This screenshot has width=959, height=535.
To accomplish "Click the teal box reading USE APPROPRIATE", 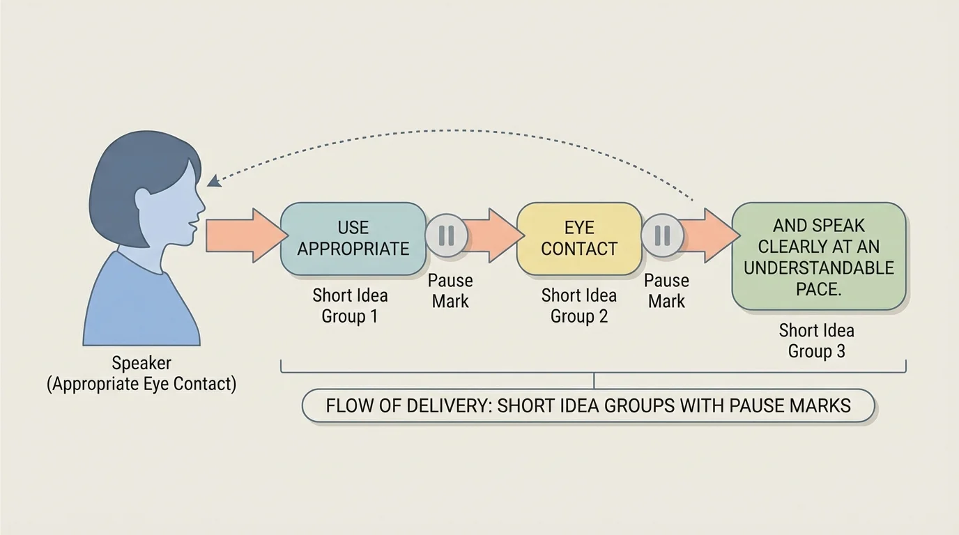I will pyautogui.click(x=353, y=238).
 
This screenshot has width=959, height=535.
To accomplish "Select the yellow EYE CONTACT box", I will pyautogui.click(x=578, y=238).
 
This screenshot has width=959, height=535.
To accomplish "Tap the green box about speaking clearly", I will pyautogui.click(x=818, y=256).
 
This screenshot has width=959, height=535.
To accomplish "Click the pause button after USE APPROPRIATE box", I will pyautogui.click(x=446, y=235).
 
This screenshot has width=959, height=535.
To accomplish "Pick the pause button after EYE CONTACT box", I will pyautogui.click(x=662, y=235).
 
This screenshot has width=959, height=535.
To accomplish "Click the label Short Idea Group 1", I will pyautogui.click(x=350, y=305).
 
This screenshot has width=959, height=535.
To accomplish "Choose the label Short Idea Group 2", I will pyautogui.click(x=578, y=305).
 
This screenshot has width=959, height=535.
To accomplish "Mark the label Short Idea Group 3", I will pyautogui.click(x=816, y=340).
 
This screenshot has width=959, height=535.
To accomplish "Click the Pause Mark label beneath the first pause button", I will pyautogui.click(x=450, y=290).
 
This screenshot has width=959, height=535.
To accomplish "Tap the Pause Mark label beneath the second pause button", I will pyautogui.click(x=666, y=290).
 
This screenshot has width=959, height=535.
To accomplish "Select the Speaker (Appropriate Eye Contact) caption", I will pyautogui.click(x=141, y=373).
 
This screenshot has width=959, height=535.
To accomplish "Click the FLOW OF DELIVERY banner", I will pyautogui.click(x=588, y=405).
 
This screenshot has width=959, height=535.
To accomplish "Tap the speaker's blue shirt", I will pyautogui.click(x=139, y=307).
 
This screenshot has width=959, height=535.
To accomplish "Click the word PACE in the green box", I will pyautogui.click(x=818, y=288).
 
